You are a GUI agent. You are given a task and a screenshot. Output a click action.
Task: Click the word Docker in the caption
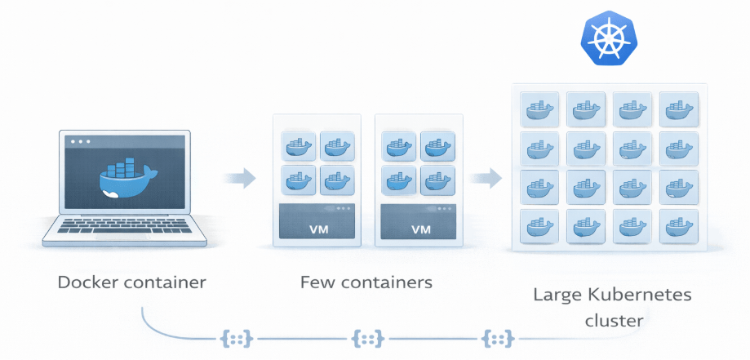[87, 282]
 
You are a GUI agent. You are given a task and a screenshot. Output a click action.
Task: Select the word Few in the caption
[317, 282]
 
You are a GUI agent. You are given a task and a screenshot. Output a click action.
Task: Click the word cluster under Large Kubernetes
[614, 320]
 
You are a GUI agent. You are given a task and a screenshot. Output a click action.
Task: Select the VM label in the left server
[317, 229]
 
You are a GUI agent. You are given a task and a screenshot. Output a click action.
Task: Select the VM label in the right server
[420, 229]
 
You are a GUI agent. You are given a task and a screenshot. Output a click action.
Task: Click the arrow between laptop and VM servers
[238, 176]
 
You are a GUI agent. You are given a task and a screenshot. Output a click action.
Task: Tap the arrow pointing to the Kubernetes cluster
[486, 176]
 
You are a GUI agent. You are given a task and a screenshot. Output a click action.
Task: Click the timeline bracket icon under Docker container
[235, 337]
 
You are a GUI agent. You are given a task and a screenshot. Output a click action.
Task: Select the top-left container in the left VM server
[298, 147]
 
